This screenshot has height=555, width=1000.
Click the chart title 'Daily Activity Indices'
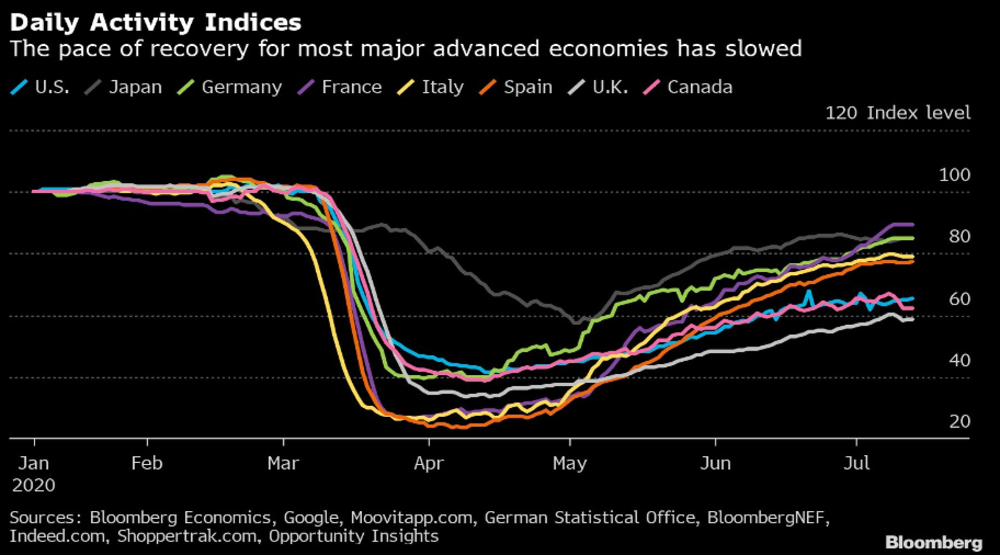155,23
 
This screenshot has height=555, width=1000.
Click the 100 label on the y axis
954,175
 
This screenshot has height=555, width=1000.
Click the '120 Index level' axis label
897,113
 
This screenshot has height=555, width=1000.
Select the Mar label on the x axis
283,463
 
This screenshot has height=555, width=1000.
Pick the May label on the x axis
569,463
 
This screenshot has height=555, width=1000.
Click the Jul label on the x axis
856,463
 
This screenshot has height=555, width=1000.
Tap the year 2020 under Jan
33,485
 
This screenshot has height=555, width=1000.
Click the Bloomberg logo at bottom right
934,542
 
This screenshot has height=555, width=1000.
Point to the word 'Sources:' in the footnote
46,517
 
